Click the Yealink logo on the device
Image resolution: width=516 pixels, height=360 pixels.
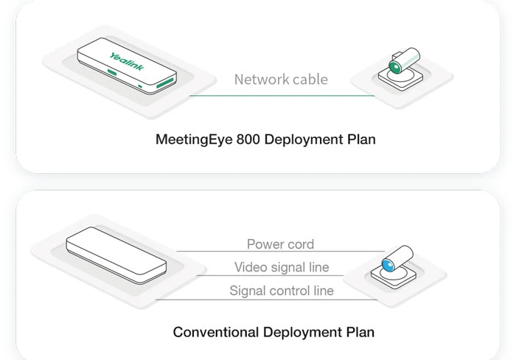click(127, 62)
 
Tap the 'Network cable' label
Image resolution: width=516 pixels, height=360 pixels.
click(281, 80)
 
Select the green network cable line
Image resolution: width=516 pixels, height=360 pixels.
click(281, 96)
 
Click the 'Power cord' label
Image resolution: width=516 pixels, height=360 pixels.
click(280, 244)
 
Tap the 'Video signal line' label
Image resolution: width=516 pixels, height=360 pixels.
click(282, 267)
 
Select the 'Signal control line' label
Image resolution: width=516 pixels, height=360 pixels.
click(282, 291)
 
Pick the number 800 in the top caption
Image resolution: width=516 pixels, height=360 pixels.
click(249, 139)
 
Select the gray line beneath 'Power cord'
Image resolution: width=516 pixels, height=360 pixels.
click(280, 252)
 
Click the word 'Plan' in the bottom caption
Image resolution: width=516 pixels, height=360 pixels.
click(359, 332)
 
